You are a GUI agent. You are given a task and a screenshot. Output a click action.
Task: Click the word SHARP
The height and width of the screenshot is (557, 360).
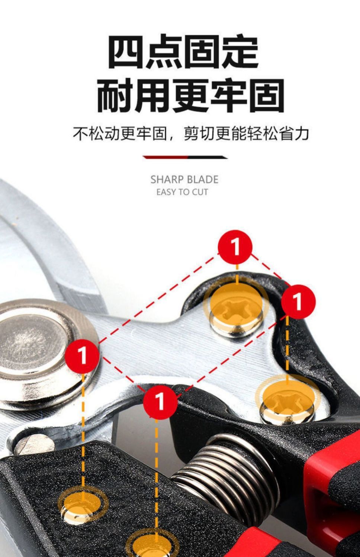point(167,180)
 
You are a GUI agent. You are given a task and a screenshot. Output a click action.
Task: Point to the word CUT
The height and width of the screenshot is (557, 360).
point(200,192)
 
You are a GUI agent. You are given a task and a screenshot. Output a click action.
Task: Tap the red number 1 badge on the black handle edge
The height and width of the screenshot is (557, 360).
point(298,302)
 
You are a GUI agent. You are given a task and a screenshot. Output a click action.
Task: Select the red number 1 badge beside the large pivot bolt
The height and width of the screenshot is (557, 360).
point(82,355)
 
